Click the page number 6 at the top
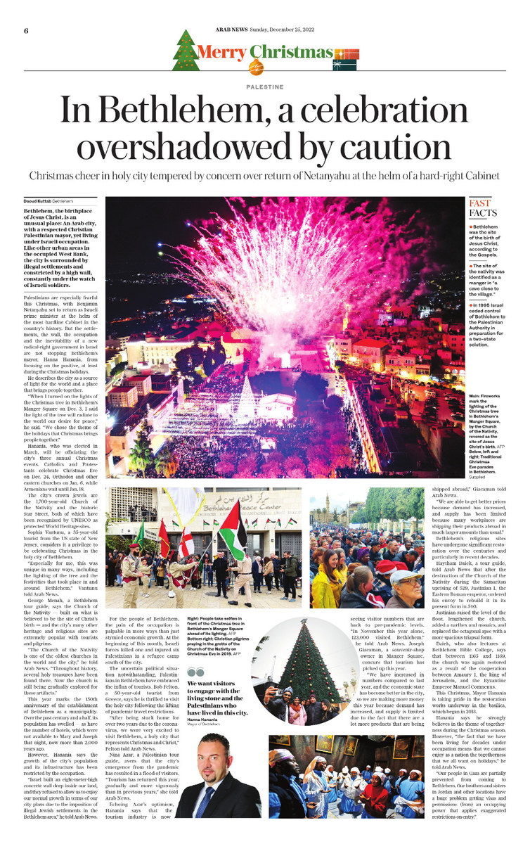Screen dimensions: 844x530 pyautogui.click(x=25, y=31)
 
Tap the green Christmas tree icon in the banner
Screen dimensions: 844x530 pyautogui.click(x=185, y=51)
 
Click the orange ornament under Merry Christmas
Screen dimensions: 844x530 pyautogui.click(x=252, y=66)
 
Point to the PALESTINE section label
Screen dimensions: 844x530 pyautogui.click(x=265, y=87)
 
